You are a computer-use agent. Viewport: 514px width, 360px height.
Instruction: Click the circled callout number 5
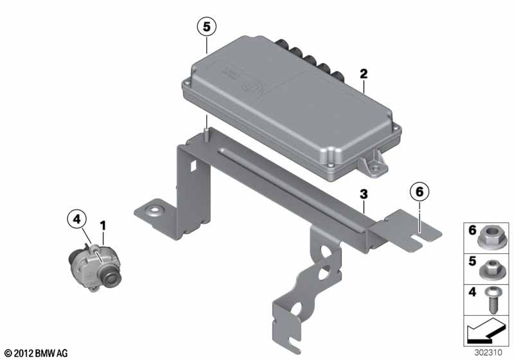click(x=206, y=26)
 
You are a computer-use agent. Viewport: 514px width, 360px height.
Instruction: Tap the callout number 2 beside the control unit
click(x=364, y=74)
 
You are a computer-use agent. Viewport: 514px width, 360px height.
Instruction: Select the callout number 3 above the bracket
click(x=364, y=194)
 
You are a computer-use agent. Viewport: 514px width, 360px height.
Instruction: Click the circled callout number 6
click(x=420, y=192)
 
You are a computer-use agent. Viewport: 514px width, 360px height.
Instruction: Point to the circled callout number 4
click(x=76, y=219)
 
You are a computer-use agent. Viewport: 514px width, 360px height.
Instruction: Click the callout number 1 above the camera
click(x=103, y=226)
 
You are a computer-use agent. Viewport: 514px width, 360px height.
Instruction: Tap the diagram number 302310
click(x=488, y=352)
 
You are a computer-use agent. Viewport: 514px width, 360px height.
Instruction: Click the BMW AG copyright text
click(x=37, y=353)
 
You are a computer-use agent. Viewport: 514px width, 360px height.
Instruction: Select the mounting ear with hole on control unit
click(x=374, y=164)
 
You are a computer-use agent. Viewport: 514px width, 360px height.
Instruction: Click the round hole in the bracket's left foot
click(x=154, y=210)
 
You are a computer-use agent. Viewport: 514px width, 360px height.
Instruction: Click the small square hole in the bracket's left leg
click(x=193, y=166)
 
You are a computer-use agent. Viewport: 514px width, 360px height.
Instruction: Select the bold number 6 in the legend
click(x=472, y=230)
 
